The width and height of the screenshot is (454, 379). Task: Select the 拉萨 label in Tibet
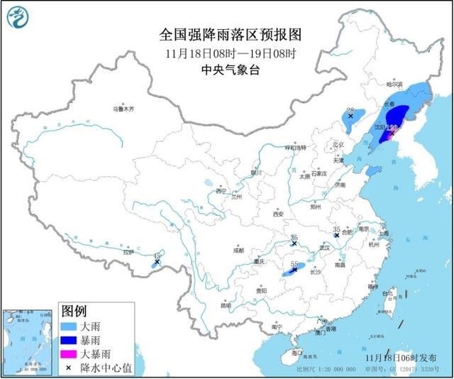(x=128, y=251)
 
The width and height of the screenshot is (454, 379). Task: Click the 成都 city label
(x=237, y=250)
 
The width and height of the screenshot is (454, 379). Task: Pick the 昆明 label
(x=226, y=306)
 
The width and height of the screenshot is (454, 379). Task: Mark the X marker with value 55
(x=294, y=270)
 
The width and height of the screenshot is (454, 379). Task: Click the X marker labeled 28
(x=350, y=116)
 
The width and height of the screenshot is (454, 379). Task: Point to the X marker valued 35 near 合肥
(x=337, y=236)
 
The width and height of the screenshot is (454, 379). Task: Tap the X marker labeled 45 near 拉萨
(x=157, y=263)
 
